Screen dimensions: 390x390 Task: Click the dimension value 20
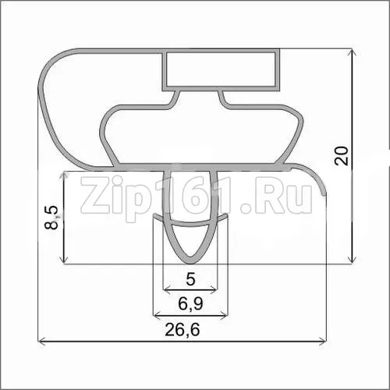(341, 155)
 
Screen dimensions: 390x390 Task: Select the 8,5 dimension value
(51, 218)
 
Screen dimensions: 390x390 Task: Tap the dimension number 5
(190, 279)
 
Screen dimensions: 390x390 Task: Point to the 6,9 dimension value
(190, 303)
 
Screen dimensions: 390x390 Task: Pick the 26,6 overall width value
(183, 329)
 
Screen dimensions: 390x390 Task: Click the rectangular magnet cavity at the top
(221, 69)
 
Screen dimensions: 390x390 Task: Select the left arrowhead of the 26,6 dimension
(41, 341)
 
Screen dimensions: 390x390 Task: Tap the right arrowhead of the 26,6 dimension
(322, 341)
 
